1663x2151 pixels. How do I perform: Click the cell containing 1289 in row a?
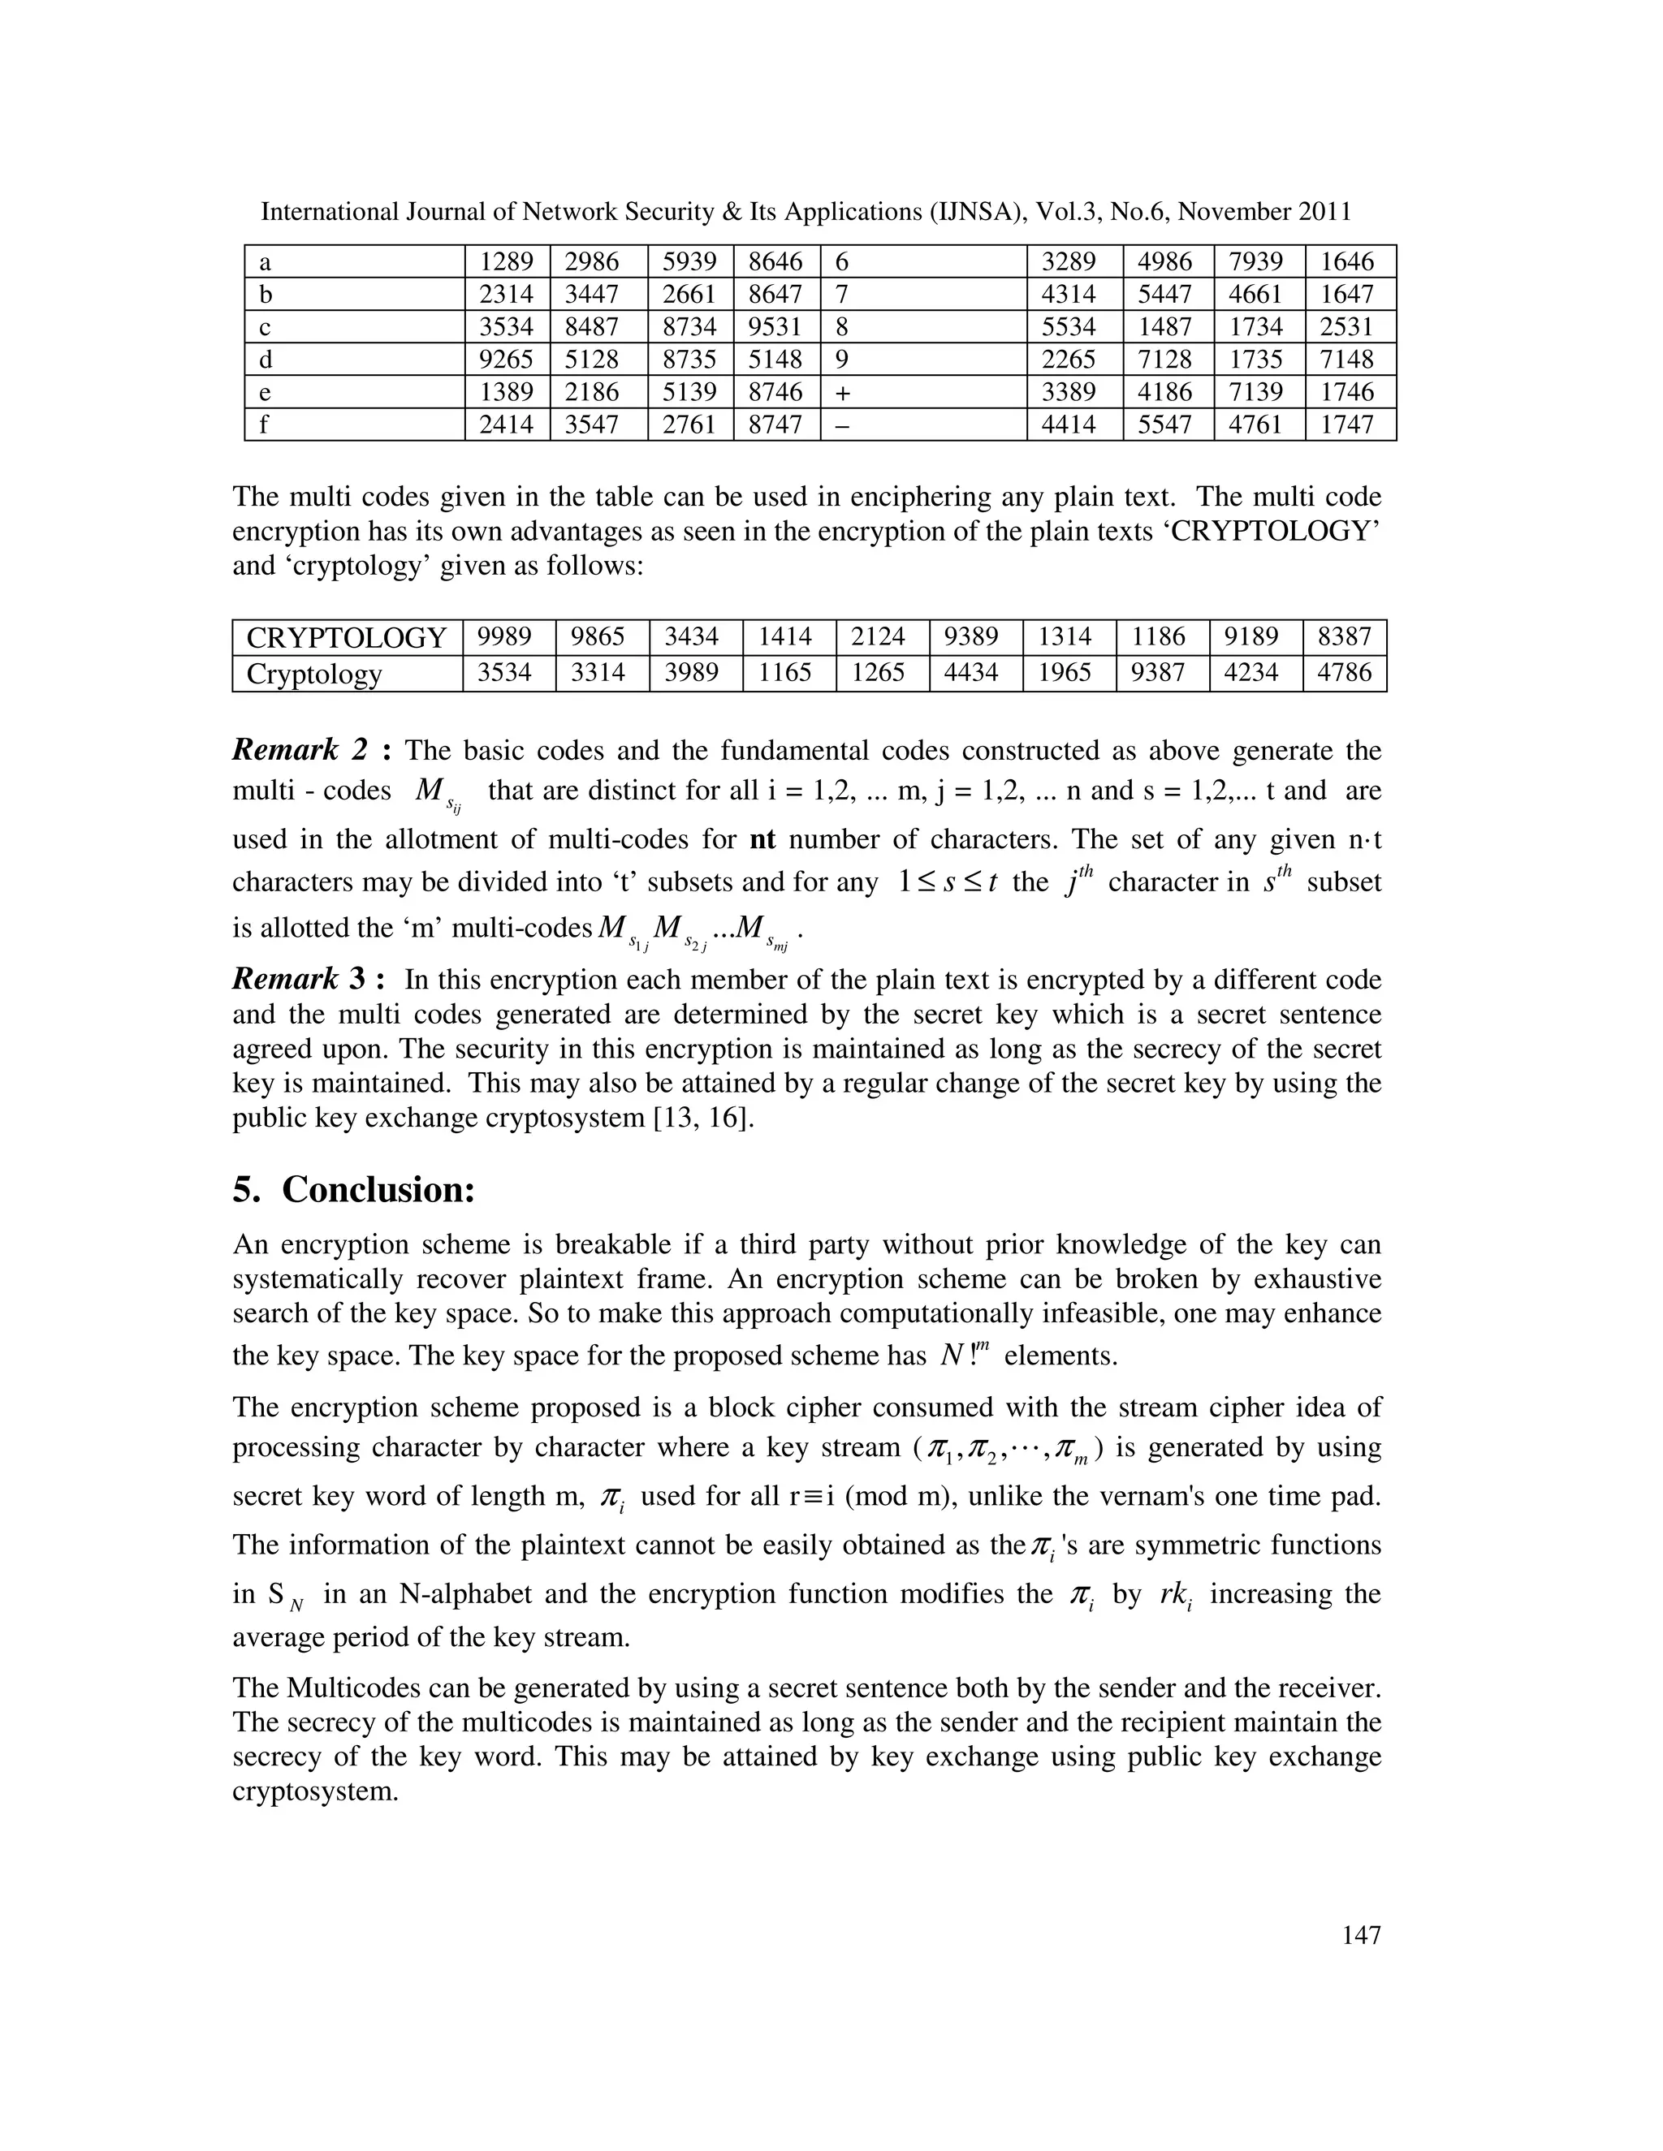507,262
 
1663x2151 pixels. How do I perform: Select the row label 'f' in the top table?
264,425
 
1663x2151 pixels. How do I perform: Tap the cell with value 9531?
775,327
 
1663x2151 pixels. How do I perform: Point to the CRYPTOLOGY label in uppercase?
347,638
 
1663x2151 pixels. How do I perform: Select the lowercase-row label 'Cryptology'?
314,675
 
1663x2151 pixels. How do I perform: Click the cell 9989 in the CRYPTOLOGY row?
505,637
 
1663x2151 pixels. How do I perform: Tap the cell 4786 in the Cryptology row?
1344,674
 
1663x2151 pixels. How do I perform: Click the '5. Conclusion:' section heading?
355,1190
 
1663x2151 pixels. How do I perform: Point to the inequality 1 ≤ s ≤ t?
947,882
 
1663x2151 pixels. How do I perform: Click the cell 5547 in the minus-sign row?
1164,425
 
